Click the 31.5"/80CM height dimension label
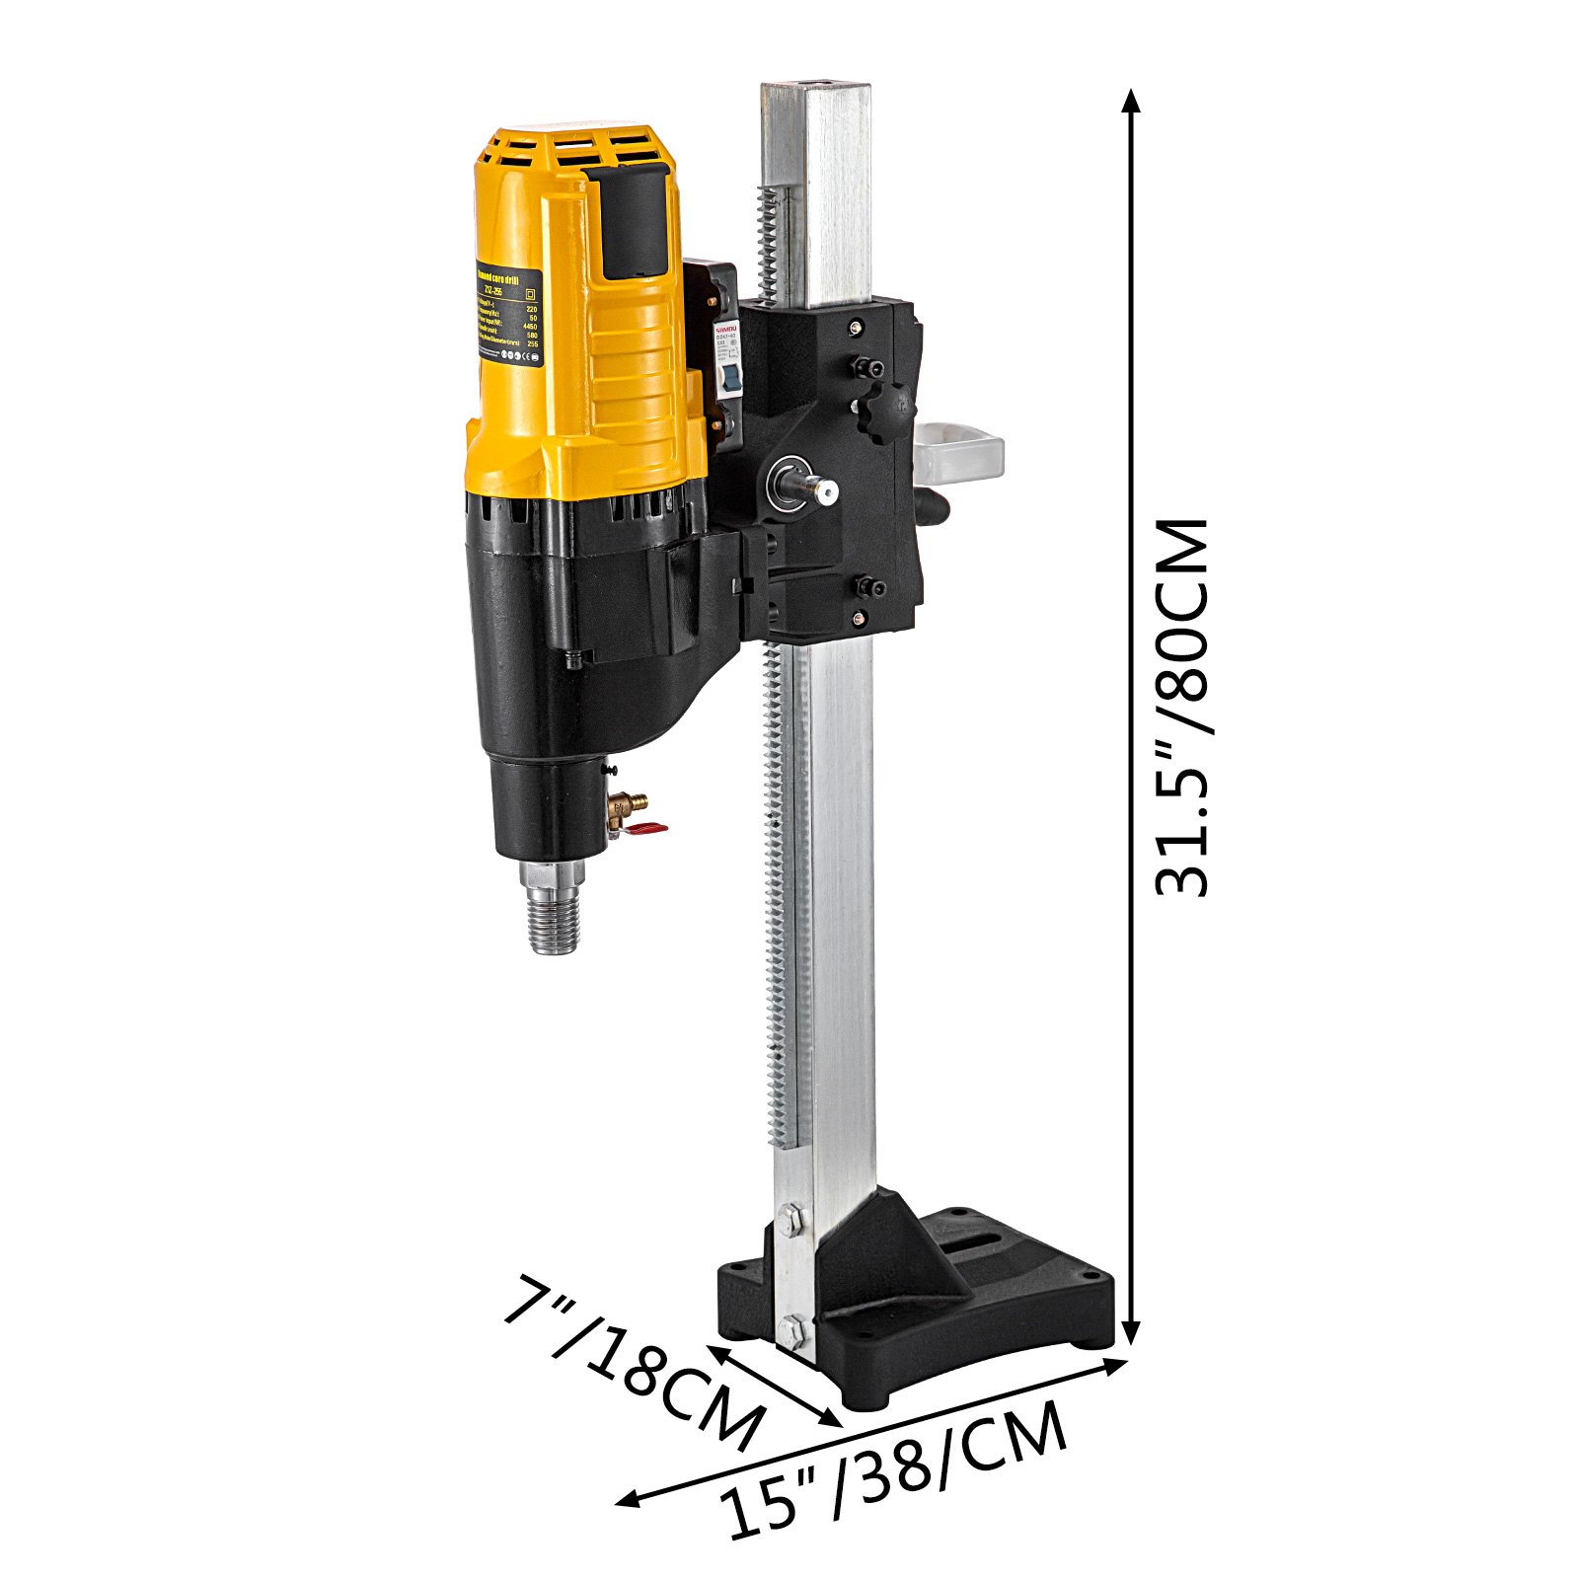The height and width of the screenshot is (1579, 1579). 1182,707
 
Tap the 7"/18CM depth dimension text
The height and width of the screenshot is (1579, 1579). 632,1362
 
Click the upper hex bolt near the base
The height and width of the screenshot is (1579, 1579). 789,1221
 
